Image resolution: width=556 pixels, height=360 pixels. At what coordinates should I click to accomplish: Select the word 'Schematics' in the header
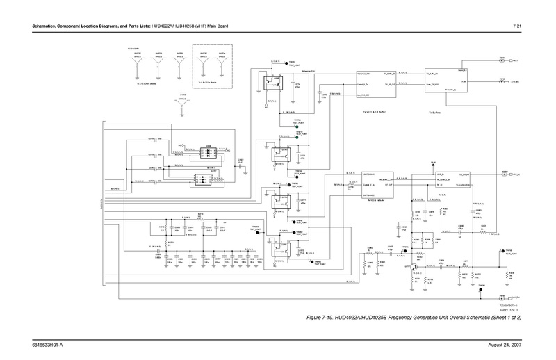33,26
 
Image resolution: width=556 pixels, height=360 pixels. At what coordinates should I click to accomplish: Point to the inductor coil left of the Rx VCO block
350,182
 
